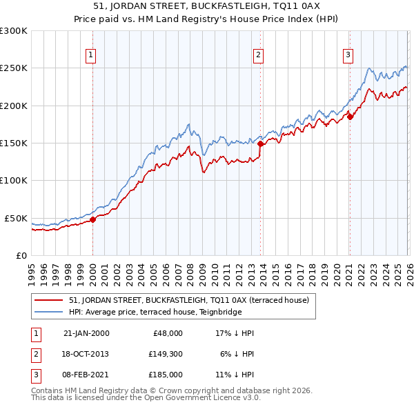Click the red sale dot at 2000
(x=93, y=219)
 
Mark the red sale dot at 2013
(x=260, y=144)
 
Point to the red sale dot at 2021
(x=350, y=117)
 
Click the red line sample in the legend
(x=49, y=300)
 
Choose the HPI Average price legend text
(x=164, y=312)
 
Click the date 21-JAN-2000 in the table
(x=86, y=332)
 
